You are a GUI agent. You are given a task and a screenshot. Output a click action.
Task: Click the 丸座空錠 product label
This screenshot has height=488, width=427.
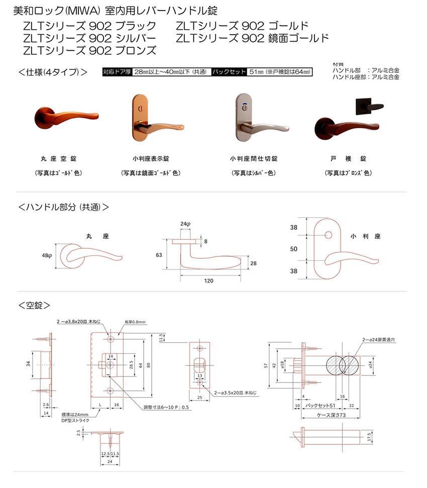pos(59,159)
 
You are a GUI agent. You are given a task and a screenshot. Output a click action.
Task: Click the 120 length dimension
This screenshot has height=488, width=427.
pos(208,281)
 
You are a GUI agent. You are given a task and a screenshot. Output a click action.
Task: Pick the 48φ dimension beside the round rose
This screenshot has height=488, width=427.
pos(47,256)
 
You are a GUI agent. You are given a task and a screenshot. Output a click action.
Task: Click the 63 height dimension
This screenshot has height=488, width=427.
pos(159,255)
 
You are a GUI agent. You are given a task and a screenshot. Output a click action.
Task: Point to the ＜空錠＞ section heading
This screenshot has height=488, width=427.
pos(34,305)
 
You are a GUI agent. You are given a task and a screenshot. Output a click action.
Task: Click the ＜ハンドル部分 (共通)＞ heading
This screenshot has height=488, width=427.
pos(63,207)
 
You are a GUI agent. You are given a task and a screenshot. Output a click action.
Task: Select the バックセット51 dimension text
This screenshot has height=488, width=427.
pos(321,405)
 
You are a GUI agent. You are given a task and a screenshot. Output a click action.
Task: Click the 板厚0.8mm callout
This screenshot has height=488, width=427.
pos(135,322)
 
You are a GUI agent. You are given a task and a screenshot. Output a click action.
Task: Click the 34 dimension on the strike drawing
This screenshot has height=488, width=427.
pos(29,363)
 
